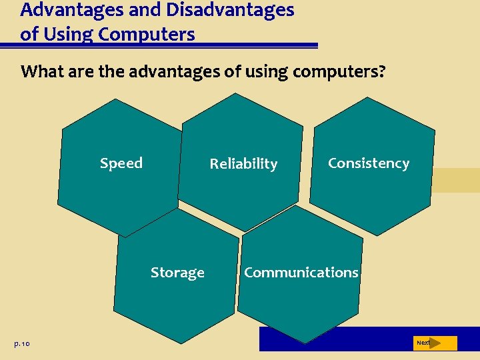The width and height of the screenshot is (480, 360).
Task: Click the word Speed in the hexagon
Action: (121, 163)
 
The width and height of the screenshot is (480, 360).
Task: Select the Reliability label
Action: (243, 164)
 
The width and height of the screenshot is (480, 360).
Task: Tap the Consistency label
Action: (368, 163)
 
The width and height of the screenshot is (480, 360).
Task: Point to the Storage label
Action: (177, 273)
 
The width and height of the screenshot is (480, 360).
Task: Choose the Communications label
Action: (301, 273)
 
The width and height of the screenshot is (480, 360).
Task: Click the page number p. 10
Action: (21, 343)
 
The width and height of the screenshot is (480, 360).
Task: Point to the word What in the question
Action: (42, 71)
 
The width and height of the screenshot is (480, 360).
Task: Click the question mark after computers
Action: (381, 71)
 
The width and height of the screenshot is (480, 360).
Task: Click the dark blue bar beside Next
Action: (333, 339)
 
